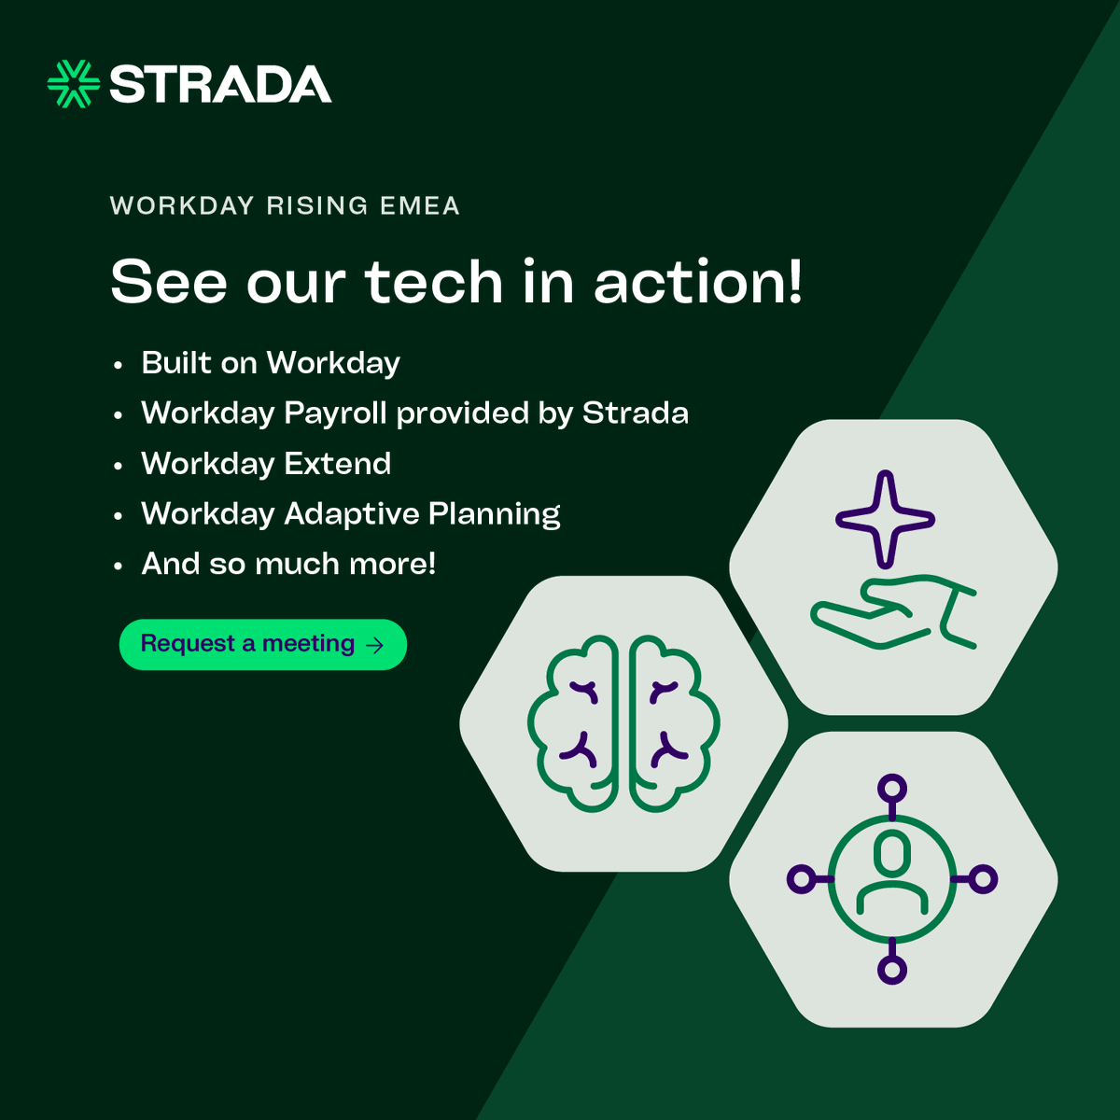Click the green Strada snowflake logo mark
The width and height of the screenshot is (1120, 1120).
point(73,84)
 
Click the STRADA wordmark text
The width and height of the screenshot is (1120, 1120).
point(220,85)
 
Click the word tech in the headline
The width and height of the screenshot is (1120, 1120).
point(433,282)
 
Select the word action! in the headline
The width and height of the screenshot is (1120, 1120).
point(698,282)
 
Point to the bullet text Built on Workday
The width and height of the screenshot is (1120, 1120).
point(271,363)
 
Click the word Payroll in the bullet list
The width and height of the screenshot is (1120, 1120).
point(335,413)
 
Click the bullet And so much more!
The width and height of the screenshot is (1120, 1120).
point(288,564)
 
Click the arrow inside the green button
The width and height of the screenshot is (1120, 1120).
point(375,645)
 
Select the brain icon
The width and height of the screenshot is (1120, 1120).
point(623,723)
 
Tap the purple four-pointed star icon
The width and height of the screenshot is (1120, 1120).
point(885,519)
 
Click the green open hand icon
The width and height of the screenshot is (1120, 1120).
point(892,613)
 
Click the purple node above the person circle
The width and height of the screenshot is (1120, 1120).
point(892,789)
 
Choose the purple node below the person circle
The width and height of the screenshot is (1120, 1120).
point(892,970)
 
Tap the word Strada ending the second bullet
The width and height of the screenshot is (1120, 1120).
point(636,413)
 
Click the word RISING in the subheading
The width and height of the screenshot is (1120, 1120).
point(317,206)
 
